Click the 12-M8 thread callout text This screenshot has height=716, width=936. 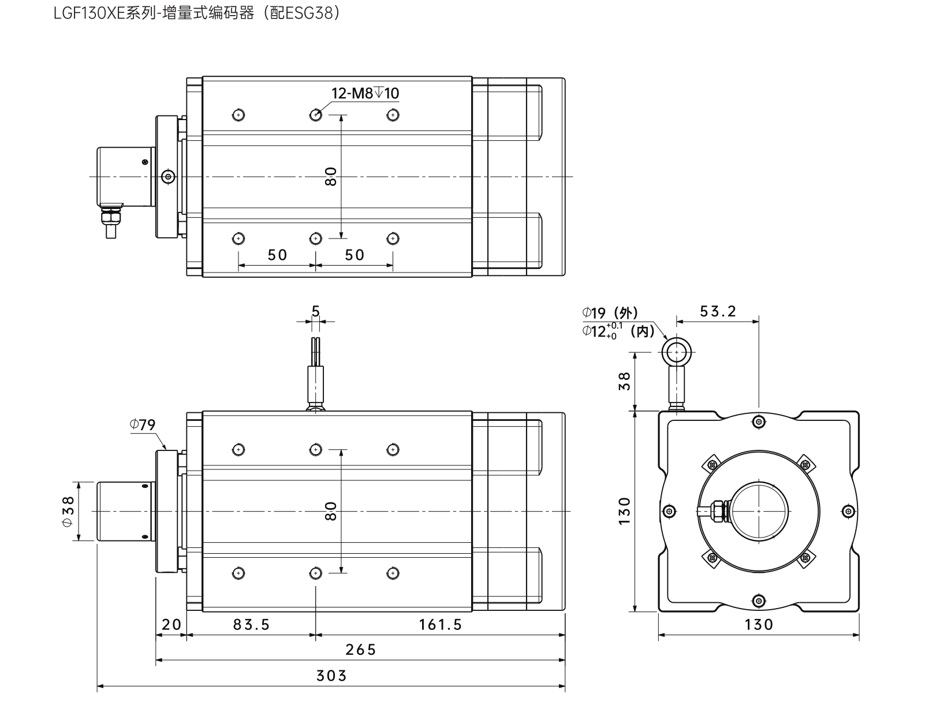[x=365, y=94]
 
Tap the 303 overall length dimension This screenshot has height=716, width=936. [x=331, y=676]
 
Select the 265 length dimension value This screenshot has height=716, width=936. [x=360, y=650]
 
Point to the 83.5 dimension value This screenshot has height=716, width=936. [x=251, y=624]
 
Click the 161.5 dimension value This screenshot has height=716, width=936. [x=441, y=624]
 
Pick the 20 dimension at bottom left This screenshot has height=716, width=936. [x=171, y=624]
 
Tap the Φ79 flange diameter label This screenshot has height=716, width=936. [x=143, y=425]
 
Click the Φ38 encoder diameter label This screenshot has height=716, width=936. [x=68, y=511]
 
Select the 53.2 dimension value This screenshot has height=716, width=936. [x=718, y=312]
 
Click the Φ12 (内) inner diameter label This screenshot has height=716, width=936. [x=618, y=331]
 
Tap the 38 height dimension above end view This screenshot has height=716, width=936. [x=625, y=381]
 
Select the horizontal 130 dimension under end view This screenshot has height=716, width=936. [x=759, y=624]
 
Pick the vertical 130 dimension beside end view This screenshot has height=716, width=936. [x=625, y=511]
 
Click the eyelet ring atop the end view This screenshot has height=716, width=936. [x=676, y=349]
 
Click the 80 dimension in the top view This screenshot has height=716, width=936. [x=331, y=176]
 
